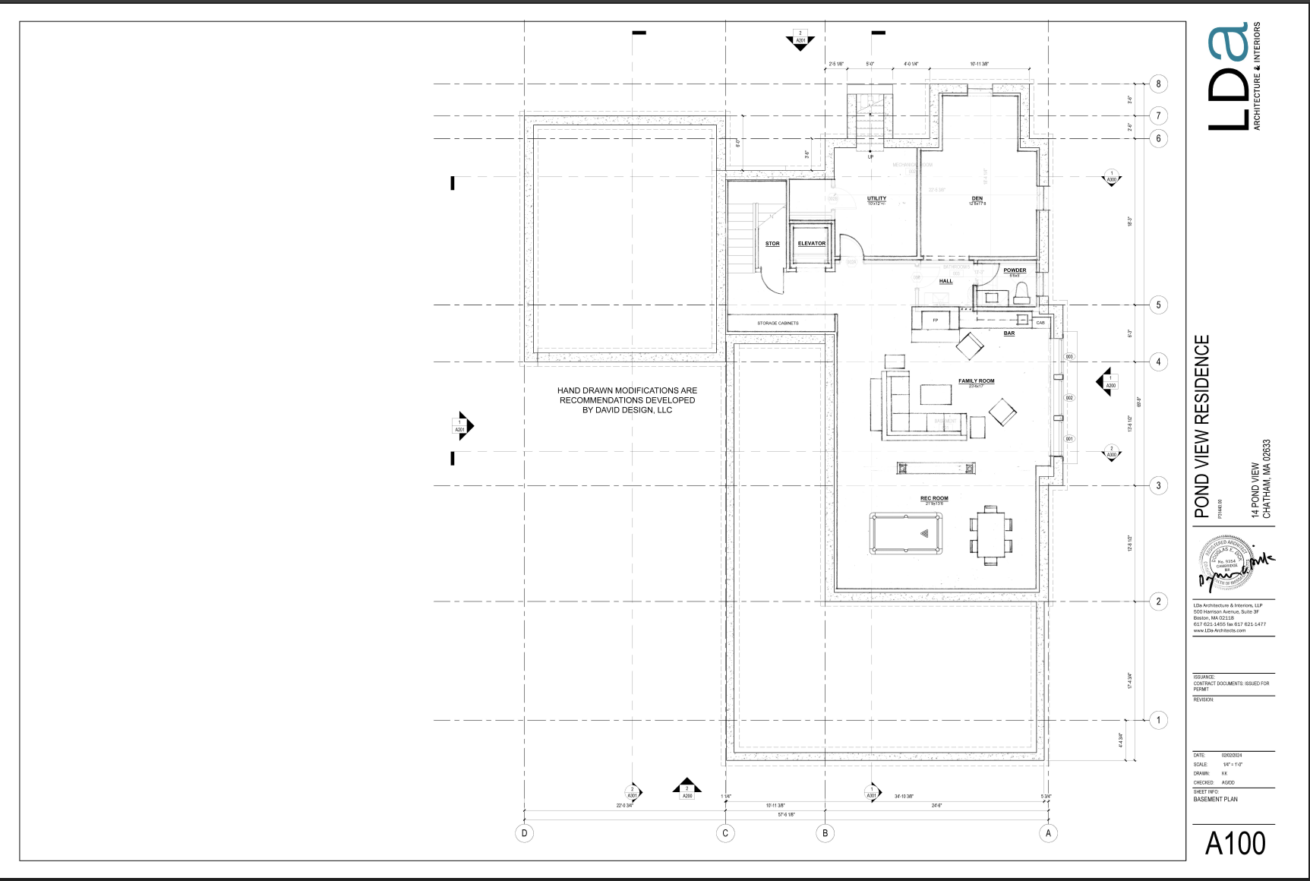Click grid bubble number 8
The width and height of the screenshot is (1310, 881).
1158,84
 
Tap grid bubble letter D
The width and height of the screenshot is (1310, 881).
524,833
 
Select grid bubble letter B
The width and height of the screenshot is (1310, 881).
825,833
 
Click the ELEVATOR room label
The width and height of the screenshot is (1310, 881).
811,244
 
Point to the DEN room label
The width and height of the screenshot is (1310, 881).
977,199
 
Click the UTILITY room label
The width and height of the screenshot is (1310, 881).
876,199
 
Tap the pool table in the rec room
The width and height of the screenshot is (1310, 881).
906,533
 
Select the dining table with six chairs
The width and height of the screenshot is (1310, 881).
990,535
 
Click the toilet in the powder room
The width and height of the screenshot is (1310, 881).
1021,294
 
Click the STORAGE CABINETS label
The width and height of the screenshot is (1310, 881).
778,324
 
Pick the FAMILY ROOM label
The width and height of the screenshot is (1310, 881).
976,381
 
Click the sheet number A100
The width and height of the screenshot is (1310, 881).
1235,844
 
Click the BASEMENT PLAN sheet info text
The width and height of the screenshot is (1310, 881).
1215,799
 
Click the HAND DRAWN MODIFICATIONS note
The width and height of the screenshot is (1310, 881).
627,400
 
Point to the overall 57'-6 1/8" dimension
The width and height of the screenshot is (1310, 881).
786,815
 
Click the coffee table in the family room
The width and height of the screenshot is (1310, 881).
936,395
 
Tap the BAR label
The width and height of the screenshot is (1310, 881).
1009,333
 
